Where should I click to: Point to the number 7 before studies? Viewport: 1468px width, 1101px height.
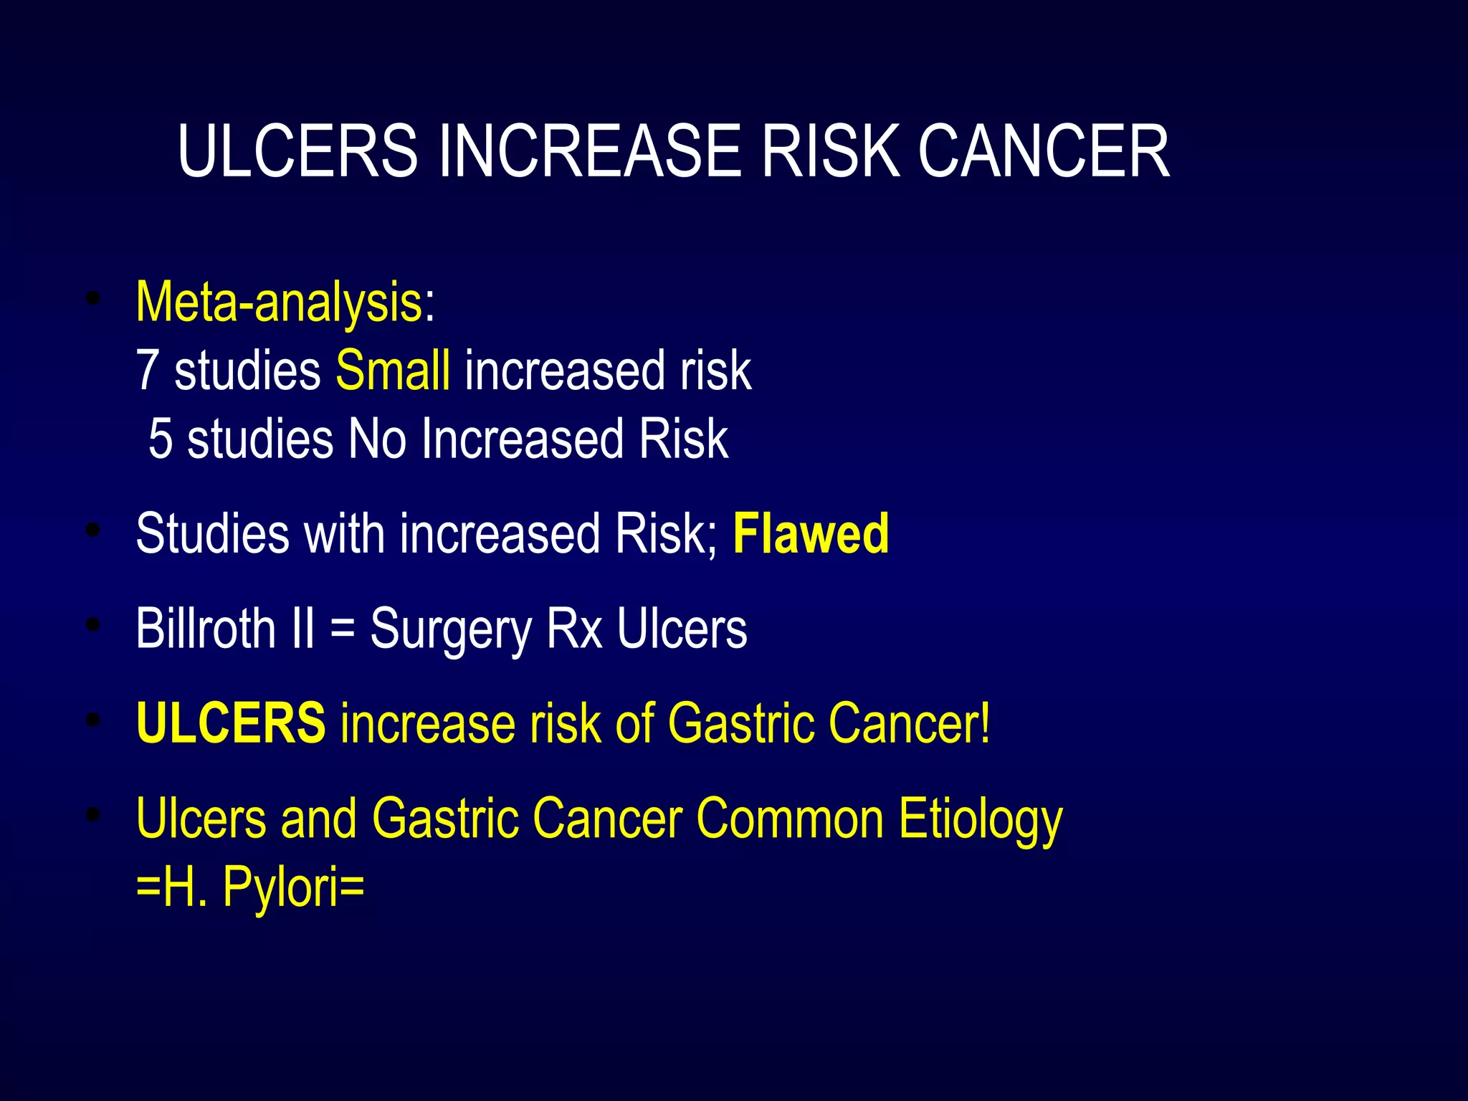(147, 371)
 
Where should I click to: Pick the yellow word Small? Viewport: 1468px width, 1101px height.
(393, 371)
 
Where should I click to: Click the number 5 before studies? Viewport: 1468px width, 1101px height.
(161, 439)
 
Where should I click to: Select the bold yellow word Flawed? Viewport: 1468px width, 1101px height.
(811, 534)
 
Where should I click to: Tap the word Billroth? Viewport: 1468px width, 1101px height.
(206, 629)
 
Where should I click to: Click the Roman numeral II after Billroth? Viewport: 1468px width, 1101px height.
(303, 629)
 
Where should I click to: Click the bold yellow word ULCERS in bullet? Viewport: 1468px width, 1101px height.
(231, 723)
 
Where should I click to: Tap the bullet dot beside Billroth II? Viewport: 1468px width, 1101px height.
(92, 625)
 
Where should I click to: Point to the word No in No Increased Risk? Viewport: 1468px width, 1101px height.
(377, 439)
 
